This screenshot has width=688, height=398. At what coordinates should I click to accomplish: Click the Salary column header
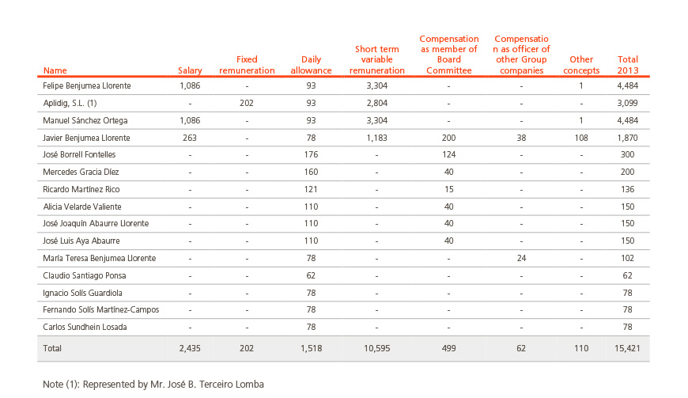[x=190, y=70]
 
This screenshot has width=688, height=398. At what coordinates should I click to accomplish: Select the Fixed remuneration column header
[x=247, y=65]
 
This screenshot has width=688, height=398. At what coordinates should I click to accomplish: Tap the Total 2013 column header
[x=627, y=65]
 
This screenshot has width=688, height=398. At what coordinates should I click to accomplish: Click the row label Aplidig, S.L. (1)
[x=70, y=103]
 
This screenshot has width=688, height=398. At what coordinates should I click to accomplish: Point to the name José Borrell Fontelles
[x=79, y=154]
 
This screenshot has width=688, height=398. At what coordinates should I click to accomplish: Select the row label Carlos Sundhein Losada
[x=85, y=327]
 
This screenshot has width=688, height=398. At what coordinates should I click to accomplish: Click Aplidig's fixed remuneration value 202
[x=247, y=103]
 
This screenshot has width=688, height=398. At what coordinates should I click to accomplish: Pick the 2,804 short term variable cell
[x=377, y=103]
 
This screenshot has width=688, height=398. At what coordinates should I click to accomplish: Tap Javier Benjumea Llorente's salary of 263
[x=190, y=138]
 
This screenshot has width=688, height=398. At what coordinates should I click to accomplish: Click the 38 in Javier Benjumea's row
[x=521, y=138]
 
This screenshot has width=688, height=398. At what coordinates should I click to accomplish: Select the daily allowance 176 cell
[x=311, y=154]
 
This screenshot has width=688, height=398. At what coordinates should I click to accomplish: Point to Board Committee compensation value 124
[x=448, y=154]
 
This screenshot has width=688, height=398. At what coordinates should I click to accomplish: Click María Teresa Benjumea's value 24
[x=521, y=258]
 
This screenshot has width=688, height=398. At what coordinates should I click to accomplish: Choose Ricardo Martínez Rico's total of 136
[x=627, y=189]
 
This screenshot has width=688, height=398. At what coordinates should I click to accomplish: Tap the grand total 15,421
[x=627, y=348]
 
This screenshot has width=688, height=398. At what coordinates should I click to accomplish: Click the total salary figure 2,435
[x=190, y=348]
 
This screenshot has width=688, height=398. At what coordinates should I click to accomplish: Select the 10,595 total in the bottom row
[x=377, y=348]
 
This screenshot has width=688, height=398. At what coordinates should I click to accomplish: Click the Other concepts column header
[x=581, y=65]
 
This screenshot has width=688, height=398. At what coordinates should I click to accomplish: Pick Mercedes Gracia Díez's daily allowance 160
[x=311, y=172]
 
